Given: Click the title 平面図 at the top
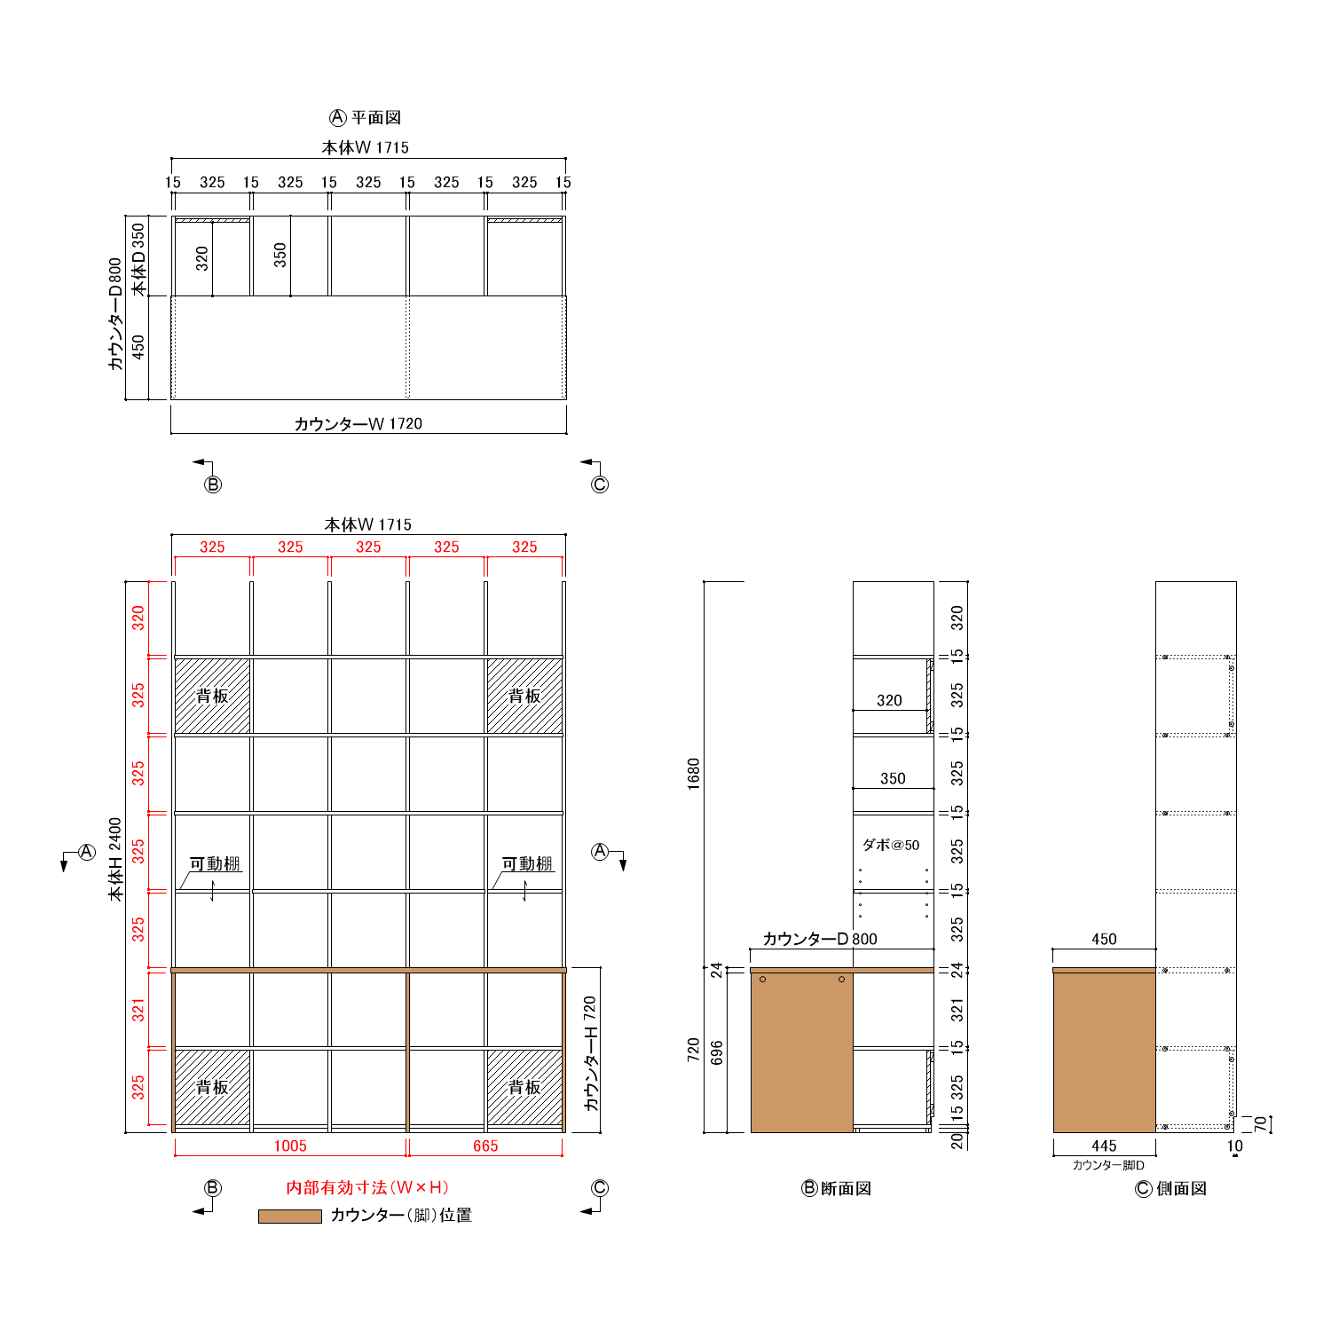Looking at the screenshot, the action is pos(376,118).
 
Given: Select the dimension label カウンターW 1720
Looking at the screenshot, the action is pos(358,424).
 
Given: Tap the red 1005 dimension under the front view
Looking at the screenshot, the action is pos(290,1146).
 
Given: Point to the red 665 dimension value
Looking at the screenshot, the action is pos(485,1146).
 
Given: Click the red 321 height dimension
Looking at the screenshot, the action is pos(138,1010).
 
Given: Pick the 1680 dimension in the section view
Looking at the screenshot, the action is pos(694,774).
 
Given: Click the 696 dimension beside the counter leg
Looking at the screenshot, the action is pos(717,1052).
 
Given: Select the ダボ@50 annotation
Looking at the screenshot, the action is pos(891,845).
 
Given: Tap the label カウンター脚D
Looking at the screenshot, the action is pos(1108,1166).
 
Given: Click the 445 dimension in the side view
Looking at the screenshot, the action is pos(1104,1146).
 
